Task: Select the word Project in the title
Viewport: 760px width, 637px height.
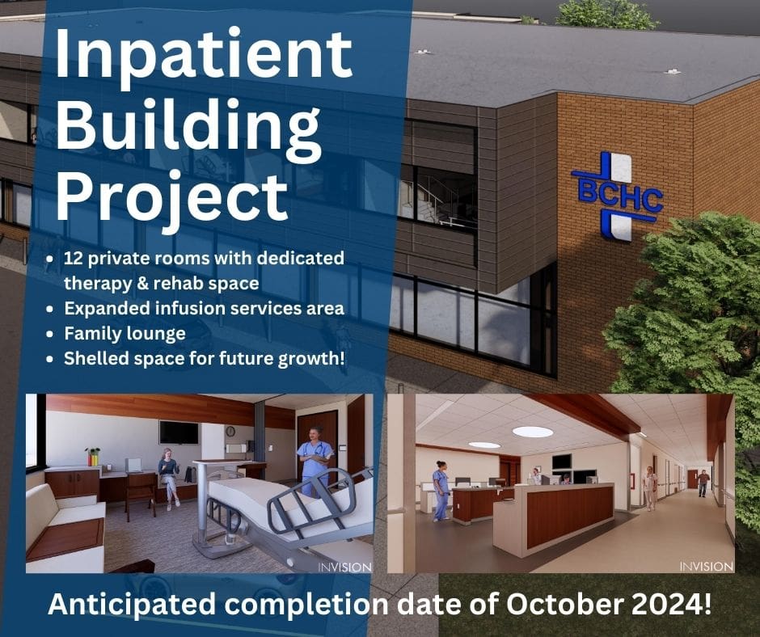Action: click(x=172, y=200)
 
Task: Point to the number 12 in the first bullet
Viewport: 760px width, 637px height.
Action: click(x=74, y=258)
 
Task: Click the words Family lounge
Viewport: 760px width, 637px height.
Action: click(x=125, y=334)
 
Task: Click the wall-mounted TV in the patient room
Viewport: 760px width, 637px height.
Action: click(x=179, y=432)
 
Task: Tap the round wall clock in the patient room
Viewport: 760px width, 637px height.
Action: click(x=230, y=431)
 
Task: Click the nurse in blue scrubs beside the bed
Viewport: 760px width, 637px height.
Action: click(x=315, y=461)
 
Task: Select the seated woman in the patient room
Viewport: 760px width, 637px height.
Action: click(x=168, y=479)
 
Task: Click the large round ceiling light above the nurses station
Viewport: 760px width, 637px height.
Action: click(x=533, y=432)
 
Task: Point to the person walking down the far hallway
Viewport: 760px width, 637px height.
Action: click(x=703, y=483)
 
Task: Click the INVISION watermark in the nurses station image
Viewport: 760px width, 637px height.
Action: click(x=706, y=566)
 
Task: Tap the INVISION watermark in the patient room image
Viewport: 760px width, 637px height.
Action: click(x=344, y=567)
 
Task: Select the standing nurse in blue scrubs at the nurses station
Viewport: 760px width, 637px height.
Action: click(x=441, y=491)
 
